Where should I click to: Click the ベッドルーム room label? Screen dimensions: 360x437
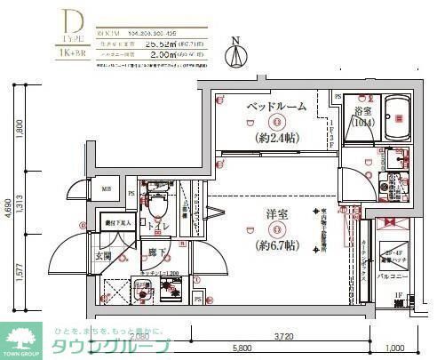point(275,107)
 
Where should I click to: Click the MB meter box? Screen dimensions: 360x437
point(106,189)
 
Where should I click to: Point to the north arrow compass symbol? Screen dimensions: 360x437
point(234,53)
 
